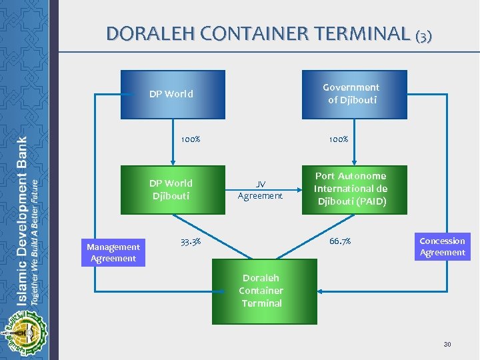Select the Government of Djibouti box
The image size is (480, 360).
click(354, 94)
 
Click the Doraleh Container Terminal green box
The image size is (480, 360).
click(261, 291)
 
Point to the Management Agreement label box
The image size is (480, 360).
click(113, 253)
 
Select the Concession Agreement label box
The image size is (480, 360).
click(442, 247)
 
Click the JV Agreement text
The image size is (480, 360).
click(260, 190)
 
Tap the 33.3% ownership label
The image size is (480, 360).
click(191, 241)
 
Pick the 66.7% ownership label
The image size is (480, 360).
click(340, 241)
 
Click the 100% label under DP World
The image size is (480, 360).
click(191, 140)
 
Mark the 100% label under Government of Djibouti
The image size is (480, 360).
click(338, 140)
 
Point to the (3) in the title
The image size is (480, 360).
click(423, 35)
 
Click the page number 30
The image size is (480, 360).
click(447, 344)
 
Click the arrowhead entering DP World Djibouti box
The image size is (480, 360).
click(173, 162)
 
